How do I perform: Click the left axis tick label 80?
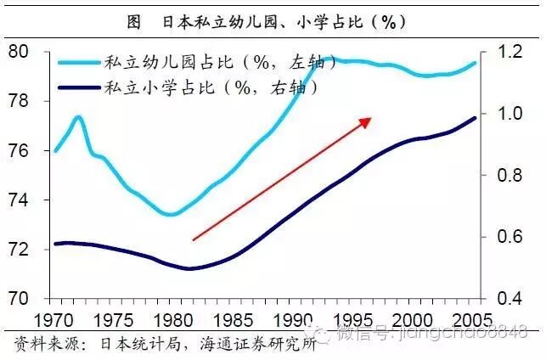tap(20, 52)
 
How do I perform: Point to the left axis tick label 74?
tap(20, 200)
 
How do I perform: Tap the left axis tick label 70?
tap(20, 299)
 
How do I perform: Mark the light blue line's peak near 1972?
tap(78, 117)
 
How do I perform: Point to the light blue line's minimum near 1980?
tap(169, 214)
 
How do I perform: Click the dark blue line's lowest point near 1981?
tap(189, 269)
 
